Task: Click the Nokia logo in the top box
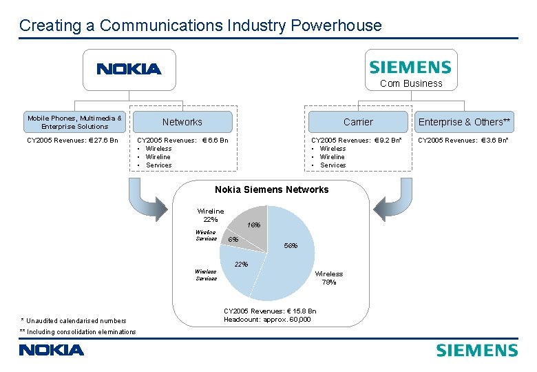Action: [x=129, y=69]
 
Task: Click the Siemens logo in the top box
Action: [x=410, y=67]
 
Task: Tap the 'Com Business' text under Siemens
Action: [x=411, y=83]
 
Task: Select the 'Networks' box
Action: [x=182, y=122]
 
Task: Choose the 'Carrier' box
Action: [x=357, y=122]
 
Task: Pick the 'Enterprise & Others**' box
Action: [x=465, y=122]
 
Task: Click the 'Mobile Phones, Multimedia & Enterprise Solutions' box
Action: [x=74, y=122]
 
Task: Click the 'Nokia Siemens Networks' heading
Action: [x=271, y=189]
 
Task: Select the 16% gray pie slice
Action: [x=252, y=221]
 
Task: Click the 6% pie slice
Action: [x=234, y=239]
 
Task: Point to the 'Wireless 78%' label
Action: [x=328, y=278]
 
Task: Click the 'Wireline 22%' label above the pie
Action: [x=210, y=215]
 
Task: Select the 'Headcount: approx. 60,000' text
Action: [x=267, y=319]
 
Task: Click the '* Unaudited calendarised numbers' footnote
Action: [x=74, y=320]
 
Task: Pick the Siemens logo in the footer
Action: [x=476, y=350]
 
